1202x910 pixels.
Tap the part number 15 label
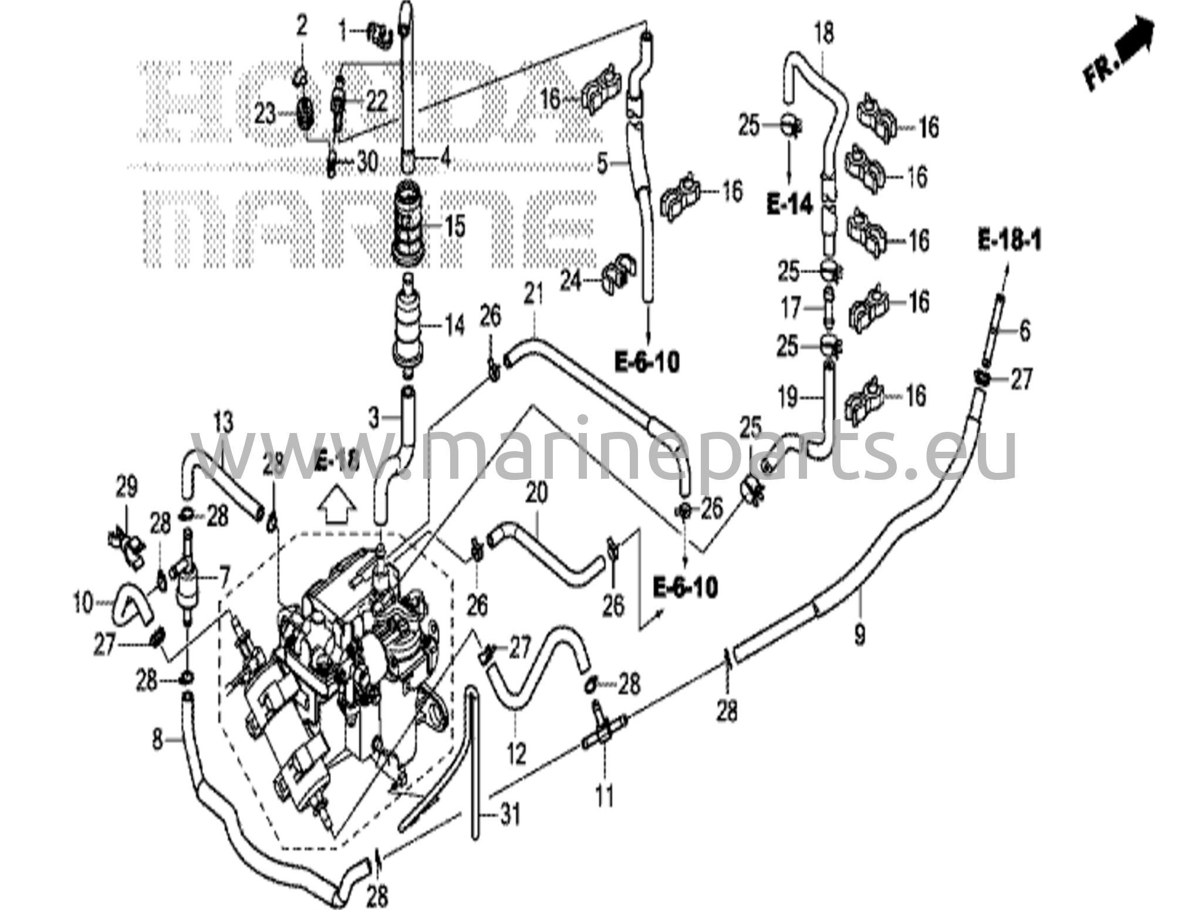click(x=454, y=226)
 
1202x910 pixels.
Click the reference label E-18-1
click(x=1009, y=241)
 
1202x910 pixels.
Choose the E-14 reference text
click(x=789, y=205)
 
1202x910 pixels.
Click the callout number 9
click(x=859, y=634)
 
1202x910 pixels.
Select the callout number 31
click(x=510, y=815)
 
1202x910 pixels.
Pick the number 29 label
click(x=126, y=486)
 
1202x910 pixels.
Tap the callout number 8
click(x=157, y=740)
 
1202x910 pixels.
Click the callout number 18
click(x=824, y=33)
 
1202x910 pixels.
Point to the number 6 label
click(x=1024, y=331)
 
